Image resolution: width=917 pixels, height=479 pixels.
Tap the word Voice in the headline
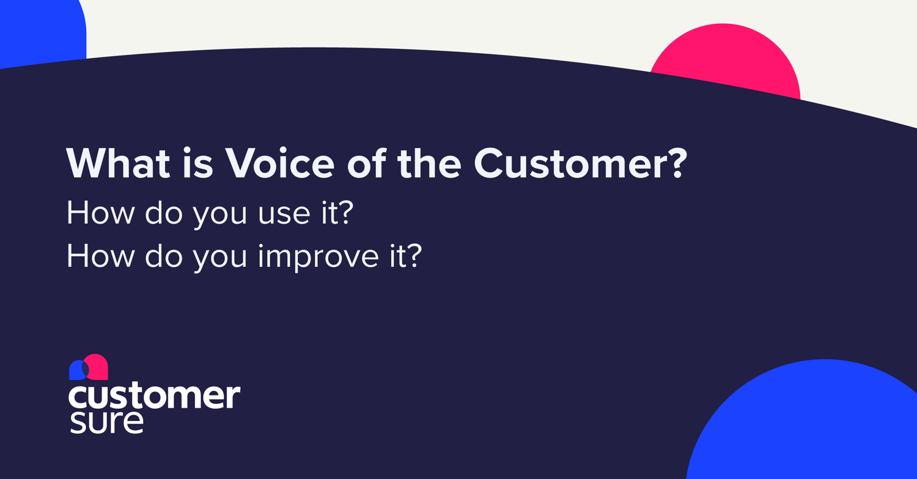pos(279,163)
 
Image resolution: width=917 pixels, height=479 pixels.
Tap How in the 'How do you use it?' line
pos(101,214)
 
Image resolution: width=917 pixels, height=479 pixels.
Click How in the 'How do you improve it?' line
pos(101,257)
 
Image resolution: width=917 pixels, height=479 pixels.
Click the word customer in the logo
pos(154,397)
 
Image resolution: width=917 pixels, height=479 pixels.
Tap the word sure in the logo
pos(106,423)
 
